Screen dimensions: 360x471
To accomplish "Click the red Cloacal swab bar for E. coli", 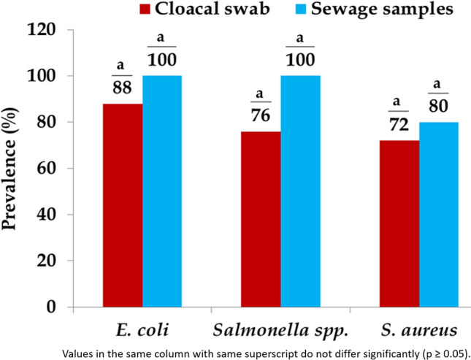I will (x=123, y=205).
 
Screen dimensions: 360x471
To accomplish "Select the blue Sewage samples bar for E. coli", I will (x=162, y=191).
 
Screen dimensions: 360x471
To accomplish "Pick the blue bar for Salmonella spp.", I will (x=301, y=191).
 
